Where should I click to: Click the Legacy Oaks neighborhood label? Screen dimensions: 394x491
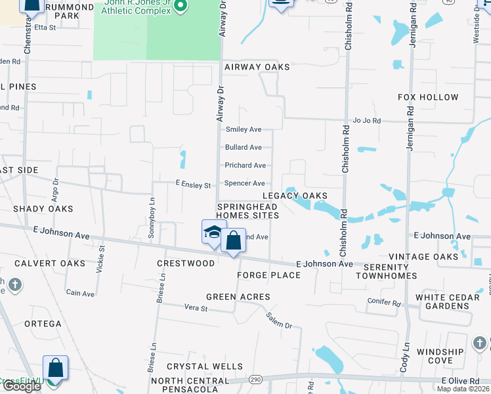[x=295, y=196]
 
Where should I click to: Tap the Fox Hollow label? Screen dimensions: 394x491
[x=428, y=97]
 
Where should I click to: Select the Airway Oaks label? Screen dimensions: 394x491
[x=257, y=67]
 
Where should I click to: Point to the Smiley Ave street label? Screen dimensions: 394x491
[x=244, y=129]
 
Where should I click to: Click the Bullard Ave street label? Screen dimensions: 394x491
[x=244, y=147]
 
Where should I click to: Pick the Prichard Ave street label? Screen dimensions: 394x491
[x=245, y=165]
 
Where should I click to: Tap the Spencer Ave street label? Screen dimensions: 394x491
[x=245, y=183]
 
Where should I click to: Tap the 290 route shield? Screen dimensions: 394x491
[x=255, y=380]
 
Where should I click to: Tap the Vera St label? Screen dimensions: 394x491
[x=196, y=307]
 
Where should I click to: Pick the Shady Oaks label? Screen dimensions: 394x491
[x=43, y=209]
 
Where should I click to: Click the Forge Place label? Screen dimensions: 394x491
[x=268, y=274]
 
